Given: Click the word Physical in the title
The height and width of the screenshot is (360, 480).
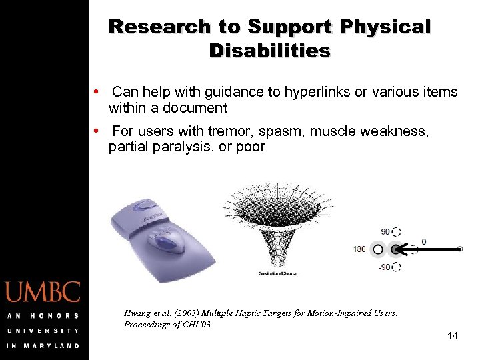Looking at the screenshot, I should (385, 27).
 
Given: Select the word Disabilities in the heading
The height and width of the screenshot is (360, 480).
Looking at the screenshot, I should (269, 51).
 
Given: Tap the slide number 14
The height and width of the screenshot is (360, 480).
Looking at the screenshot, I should (452, 335).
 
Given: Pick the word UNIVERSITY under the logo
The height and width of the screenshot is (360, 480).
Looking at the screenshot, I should (43, 331).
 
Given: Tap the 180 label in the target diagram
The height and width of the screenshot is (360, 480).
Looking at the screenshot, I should (359, 249).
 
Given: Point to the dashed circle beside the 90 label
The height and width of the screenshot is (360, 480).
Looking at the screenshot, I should (397, 232).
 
